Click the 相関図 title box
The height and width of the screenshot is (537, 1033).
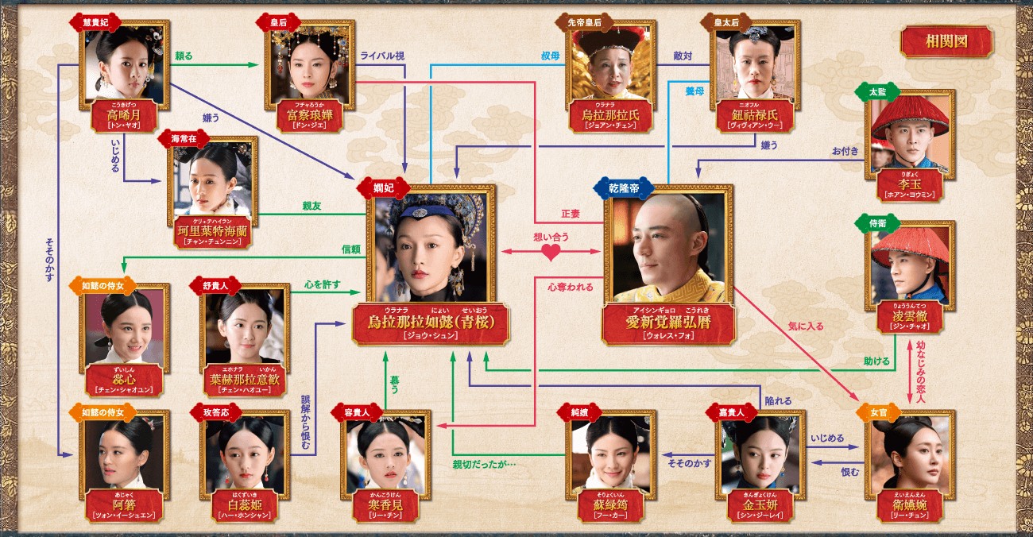tap(946, 42)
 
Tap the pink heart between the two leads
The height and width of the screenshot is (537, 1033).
tap(551, 253)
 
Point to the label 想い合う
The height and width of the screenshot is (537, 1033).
tap(550, 236)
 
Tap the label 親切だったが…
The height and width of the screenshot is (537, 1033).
tap(485, 464)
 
